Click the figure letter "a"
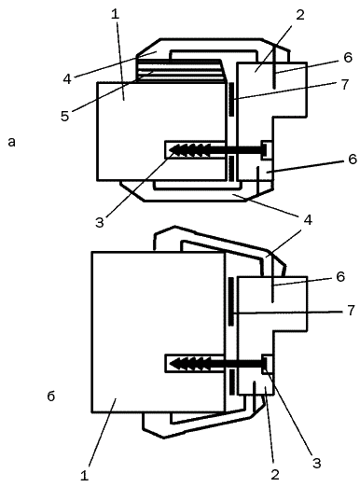(x=11, y=142)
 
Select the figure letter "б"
(x=51, y=396)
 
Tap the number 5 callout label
(x=64, y=116)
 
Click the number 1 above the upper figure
(x=116, y=15)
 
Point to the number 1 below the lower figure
(x=84, y=476)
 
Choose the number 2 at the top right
(x=300, y=15)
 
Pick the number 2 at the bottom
(x=275, y=475)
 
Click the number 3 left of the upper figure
(x=100, y=223)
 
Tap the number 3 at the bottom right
(x=317, y=463)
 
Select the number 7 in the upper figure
(x=345, y=84)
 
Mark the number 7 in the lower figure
(x=351, y=310)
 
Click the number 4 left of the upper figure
(x=67, y=79)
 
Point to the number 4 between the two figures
(x=308, y=220)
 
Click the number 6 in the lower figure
(x=340, y=276)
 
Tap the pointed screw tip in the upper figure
(x=170, y=150)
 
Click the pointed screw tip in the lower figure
(x=171, y=363)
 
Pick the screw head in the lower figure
(x=265, y=363)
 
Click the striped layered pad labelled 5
(x=180, y=71)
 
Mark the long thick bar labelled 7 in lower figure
(x=231, y=301)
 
